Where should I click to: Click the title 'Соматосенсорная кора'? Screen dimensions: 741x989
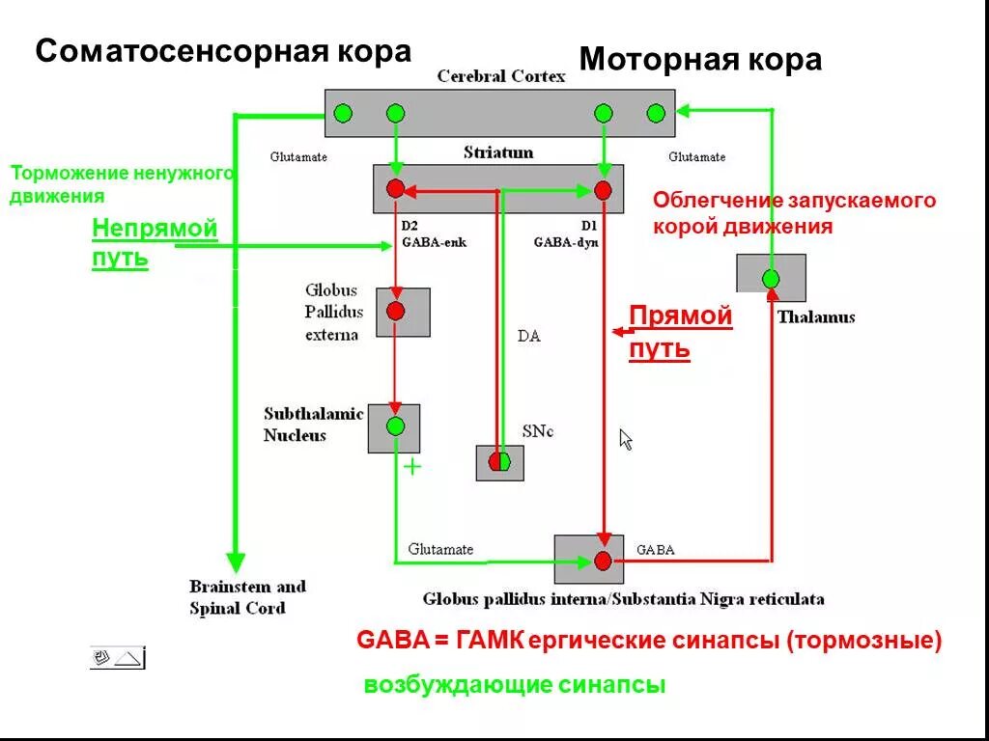[x=223, y=51]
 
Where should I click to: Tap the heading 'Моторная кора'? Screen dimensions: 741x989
[x=700, y=60]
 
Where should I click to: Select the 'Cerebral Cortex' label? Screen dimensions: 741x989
[x=500, y=76]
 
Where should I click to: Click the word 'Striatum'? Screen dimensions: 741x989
[x=497, y=152]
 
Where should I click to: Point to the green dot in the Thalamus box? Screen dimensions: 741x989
[x=771, y=279]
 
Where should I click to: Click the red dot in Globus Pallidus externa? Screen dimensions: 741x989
[x=395, y=311]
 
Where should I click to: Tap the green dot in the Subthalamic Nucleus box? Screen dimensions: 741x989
[x=395, y=425]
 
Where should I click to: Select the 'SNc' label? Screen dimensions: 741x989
[x=537, y=431]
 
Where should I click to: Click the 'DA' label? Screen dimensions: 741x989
[x=528, y=337]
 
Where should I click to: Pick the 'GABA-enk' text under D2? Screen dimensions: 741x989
[x=434, y=242]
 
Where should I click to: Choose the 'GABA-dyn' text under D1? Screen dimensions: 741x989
[x=565, y=242]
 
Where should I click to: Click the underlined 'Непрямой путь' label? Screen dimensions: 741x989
[x=155, y=243]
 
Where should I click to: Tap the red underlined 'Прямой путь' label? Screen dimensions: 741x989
[x=680, y=332]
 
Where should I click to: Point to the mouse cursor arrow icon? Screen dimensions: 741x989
[x=625, y=439]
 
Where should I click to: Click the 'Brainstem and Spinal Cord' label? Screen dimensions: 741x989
[x=246, y=597]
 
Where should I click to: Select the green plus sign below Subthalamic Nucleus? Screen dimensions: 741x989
[x=412, y=467]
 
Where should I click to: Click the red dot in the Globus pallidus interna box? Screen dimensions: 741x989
[x=603, y=561]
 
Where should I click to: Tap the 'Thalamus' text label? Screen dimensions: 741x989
[x=815, y=316]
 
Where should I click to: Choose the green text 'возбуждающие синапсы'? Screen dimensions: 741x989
[x=515, y=686]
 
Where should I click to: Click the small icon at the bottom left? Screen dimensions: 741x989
[x=117, y=658]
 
